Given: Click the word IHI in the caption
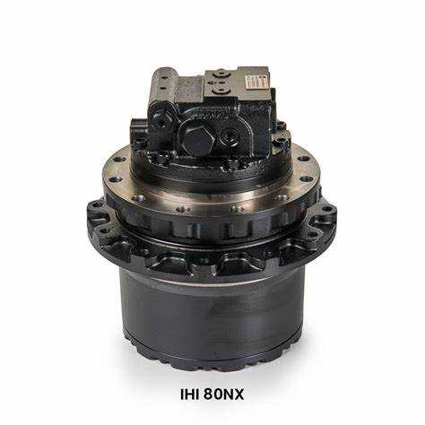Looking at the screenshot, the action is click(x=190, y=395).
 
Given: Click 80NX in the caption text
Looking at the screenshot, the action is click(x=224, y=395).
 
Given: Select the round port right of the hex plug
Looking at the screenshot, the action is click(x=229, y=137).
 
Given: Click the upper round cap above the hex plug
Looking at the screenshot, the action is click(x=221, y=73).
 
